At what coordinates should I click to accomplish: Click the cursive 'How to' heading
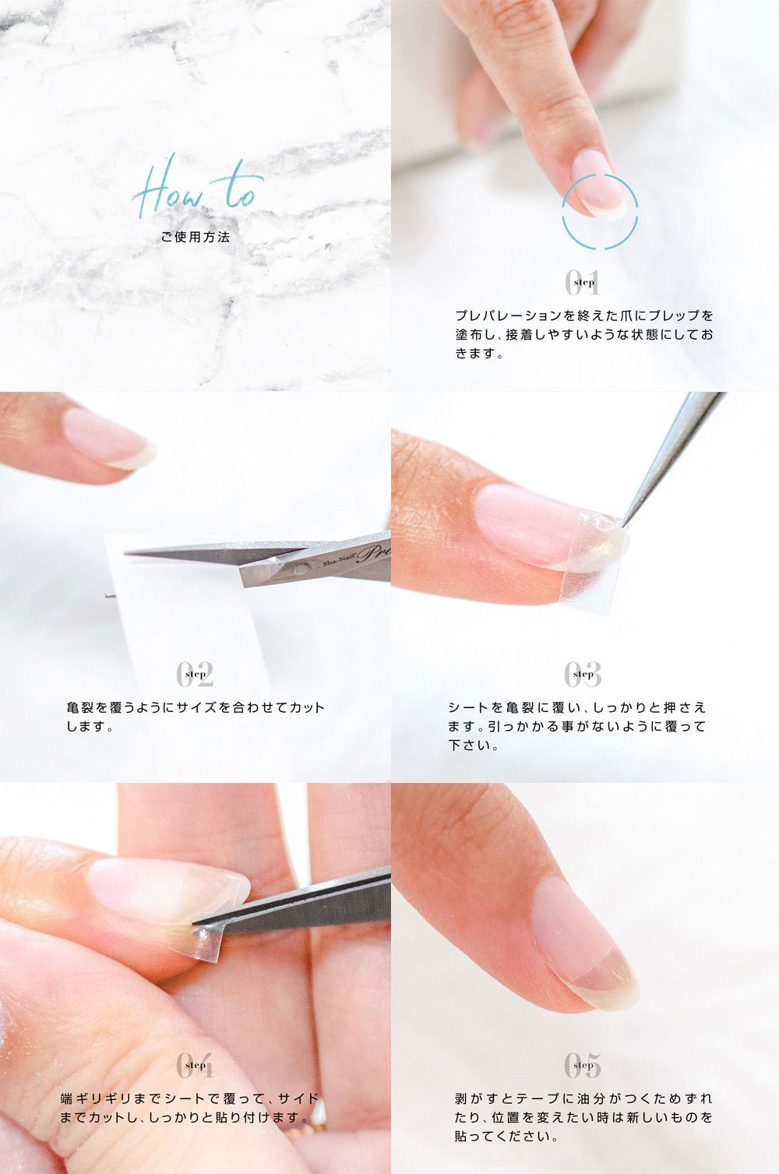tap(198, 188)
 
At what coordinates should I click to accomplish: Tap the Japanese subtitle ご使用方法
tap(196, 237)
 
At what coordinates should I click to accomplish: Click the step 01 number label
tap(583, 282)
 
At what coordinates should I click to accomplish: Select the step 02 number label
tap(195, 674)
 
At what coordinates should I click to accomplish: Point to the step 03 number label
tap(583, 674)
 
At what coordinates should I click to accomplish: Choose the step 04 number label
tap(195, 1065)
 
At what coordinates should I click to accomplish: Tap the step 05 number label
tap(583, 1065)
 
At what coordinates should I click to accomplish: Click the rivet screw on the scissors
tap(300, 568)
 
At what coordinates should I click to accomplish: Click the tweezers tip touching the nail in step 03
tap(623, 523)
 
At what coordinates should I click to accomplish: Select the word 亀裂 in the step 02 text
tap(79, 707)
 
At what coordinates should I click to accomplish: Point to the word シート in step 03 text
tap(468, 707)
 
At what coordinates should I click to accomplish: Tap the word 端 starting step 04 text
tap(66, 1098)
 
